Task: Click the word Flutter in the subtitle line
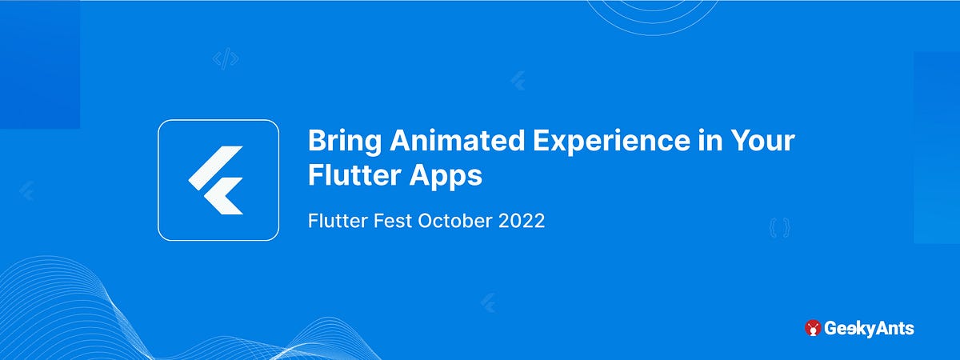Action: click(x=332, y=221)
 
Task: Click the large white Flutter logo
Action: click(x=218, y=180)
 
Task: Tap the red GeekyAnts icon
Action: click(x=813, y=327)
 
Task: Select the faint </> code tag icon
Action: click(x=226, y=58)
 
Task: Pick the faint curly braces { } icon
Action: click(x=779, y=228)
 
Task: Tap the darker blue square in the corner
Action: click(x=39, y=64)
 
